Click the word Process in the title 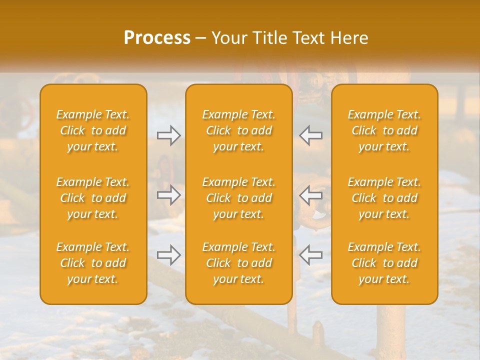(157, 38)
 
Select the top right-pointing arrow (169, 135)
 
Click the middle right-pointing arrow (169, 195)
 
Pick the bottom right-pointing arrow (169, 255)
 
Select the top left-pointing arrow (311, 135)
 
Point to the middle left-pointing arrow (311, 195)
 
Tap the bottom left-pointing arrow (311, 255)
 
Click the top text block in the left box (93, 130)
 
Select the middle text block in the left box (93, 198)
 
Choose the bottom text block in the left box (93, 263)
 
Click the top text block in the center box (239, 130)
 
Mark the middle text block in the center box (239, 198)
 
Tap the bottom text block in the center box (239, 263)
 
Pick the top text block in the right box (384, 130)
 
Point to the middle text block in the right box (384, 198)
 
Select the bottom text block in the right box (384, 263)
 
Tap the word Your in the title (229, 38)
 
